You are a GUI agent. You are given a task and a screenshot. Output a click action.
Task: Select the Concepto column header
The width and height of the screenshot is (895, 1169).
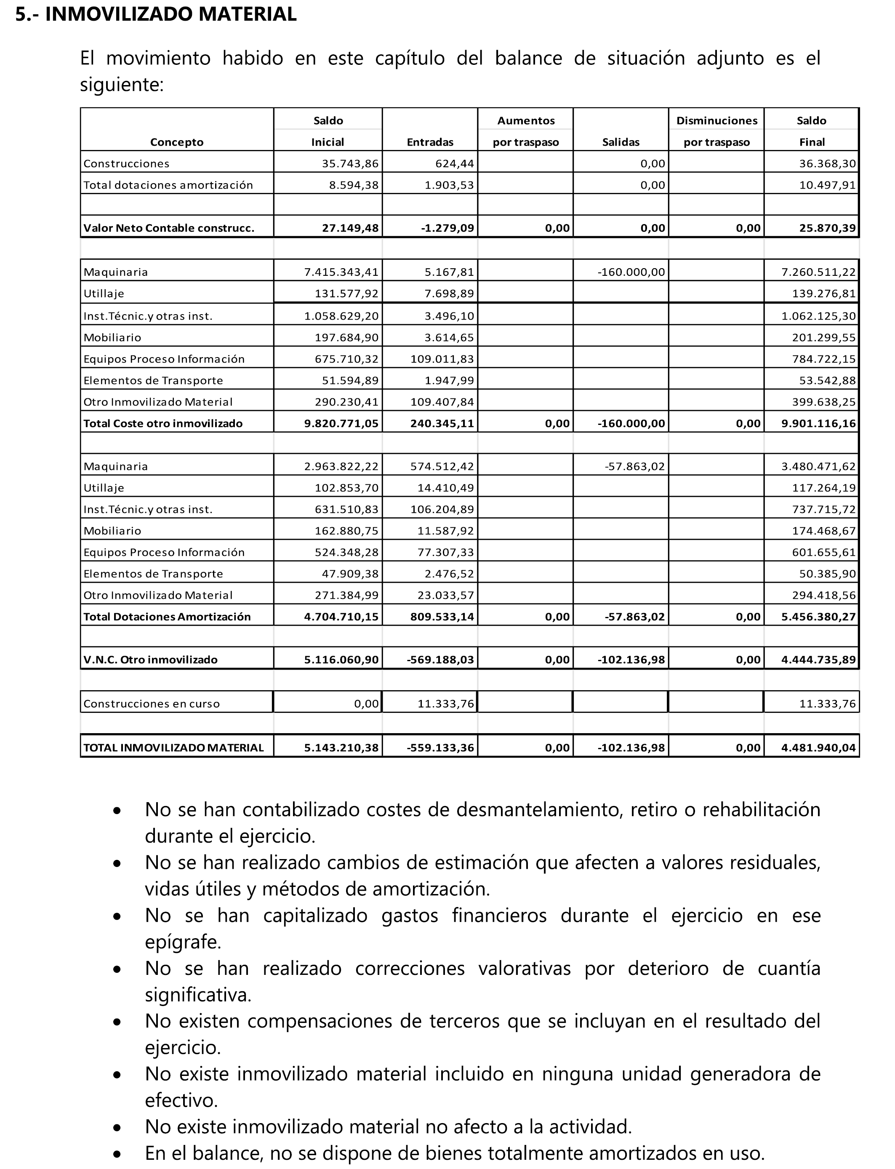pos(176,142)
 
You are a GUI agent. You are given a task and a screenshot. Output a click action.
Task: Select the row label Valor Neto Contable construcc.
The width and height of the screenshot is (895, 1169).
pos(169,228)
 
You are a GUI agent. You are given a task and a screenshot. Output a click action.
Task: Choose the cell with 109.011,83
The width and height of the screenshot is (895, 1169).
pos(442,359)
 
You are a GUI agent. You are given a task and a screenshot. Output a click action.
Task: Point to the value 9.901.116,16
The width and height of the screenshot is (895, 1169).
pos(818,424)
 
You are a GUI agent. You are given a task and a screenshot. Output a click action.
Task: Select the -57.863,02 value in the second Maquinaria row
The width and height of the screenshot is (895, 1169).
pos(634,467)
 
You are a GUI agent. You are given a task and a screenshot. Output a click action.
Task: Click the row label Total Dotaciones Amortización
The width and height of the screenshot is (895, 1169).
pos(167,617)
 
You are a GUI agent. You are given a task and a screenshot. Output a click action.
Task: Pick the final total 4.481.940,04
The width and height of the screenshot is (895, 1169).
pos(818,748)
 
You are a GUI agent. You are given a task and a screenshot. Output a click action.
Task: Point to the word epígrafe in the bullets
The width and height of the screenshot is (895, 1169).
pos(183,942)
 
